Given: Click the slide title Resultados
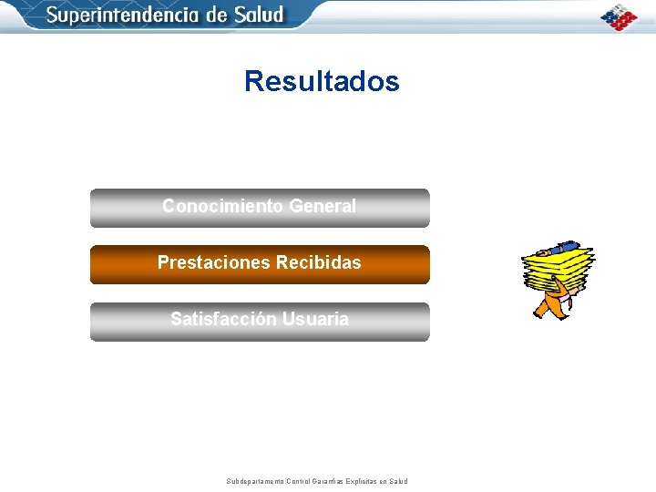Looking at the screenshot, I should click(x=322, y=81).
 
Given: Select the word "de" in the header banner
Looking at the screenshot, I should click(x=216, y=15).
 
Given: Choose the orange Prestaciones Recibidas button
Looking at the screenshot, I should click(x=259, y=264).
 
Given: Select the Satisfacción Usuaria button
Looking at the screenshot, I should click(x=259, y=322).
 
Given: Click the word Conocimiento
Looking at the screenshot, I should click(x=222, y=206).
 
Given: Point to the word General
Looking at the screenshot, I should click(x=322, y=206).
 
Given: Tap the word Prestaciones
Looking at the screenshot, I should click(x=209, y=262).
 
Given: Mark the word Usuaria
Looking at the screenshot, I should click(x=315, y=319).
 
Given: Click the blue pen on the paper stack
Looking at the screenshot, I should click(x=557, y=247).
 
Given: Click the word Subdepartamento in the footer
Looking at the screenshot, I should click(x=254, y=481).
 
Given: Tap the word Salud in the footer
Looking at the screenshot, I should click(x=398, y=481).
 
